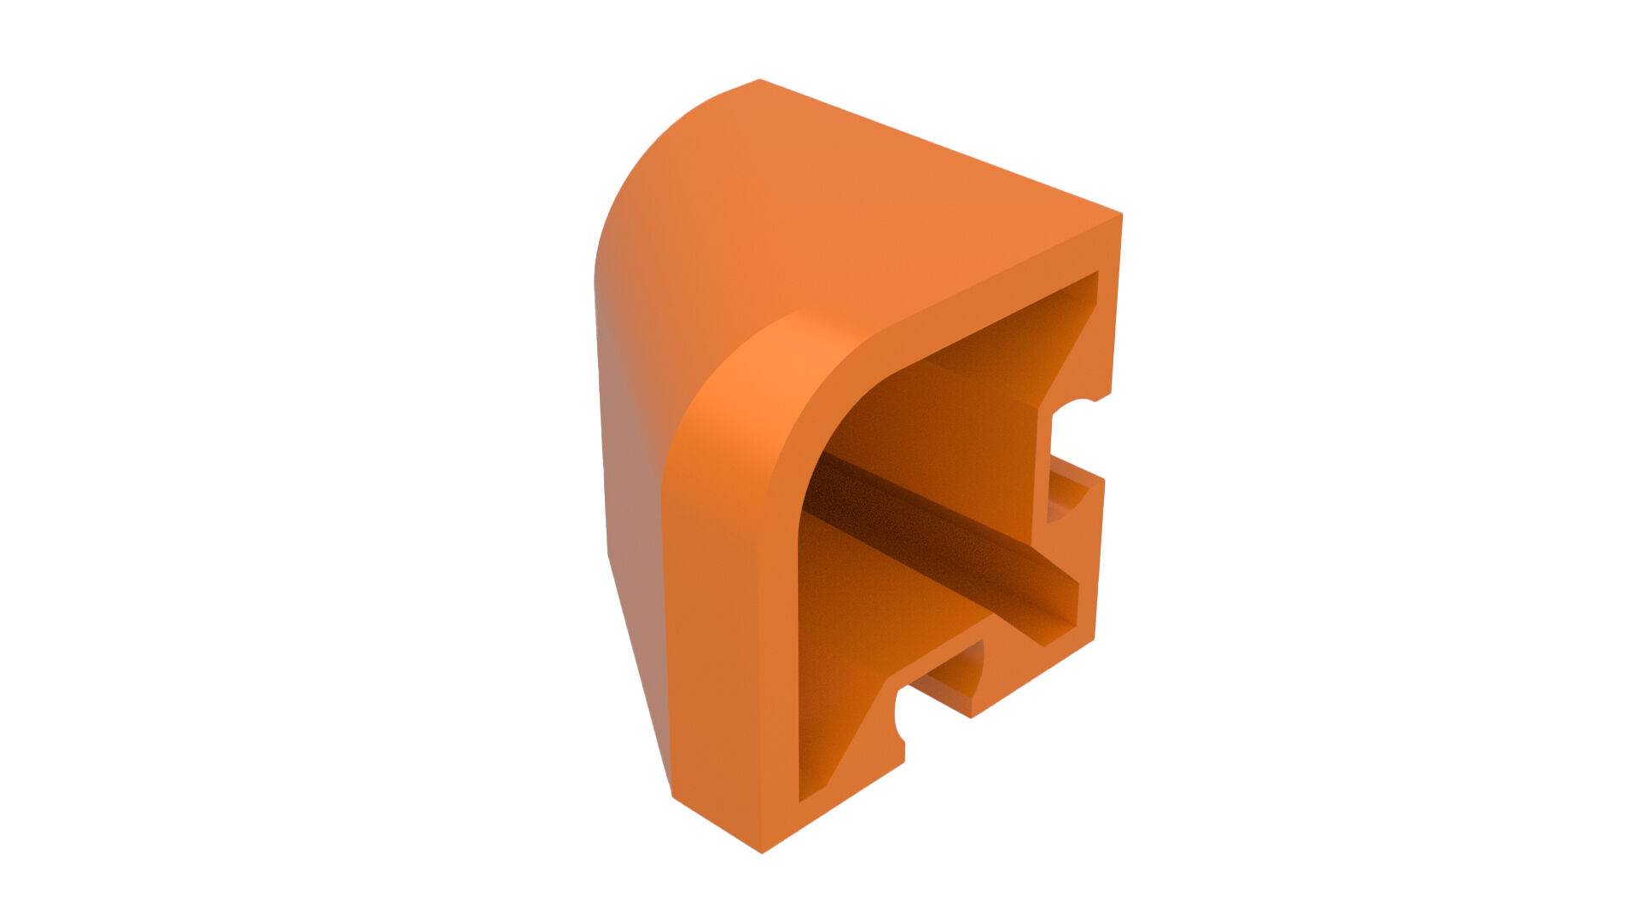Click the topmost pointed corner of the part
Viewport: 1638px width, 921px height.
click(759, 81)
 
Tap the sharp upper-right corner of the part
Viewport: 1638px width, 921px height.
click(1120, 215)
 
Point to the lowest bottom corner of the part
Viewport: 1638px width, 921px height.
click(761, 851)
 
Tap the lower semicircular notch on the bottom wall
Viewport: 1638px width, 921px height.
click(901, 712)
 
